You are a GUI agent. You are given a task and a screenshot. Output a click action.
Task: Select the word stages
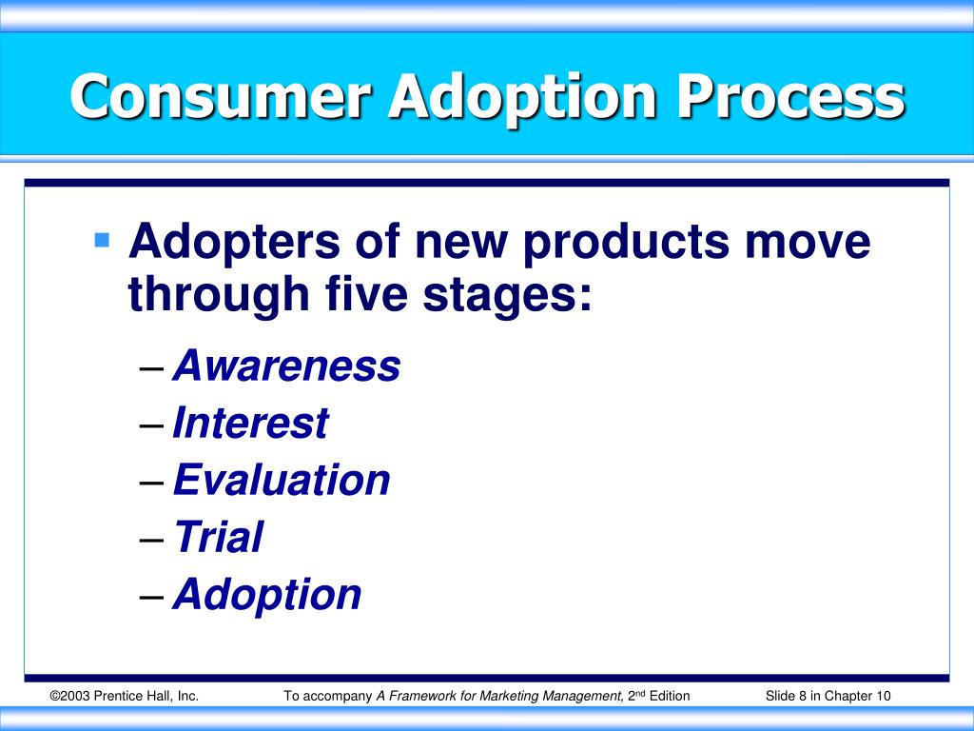pyautogui.click(x=513, y=296)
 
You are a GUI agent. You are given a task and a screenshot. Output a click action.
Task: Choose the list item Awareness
pyautogui.click(x=286, y=365)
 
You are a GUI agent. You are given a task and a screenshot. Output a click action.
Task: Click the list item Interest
pyautogui.click(x=250, y=423)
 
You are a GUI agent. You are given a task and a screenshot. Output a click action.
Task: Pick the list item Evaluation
pyautogui.click(x=282, y=480)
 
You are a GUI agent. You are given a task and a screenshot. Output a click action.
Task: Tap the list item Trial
pyautogui.click(x=218, y=537)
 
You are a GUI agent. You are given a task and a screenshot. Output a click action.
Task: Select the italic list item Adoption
pyautogui.click(x=267, y=595)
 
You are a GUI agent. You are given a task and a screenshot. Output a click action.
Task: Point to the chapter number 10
pyautogui.click(x=884, y=696)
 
